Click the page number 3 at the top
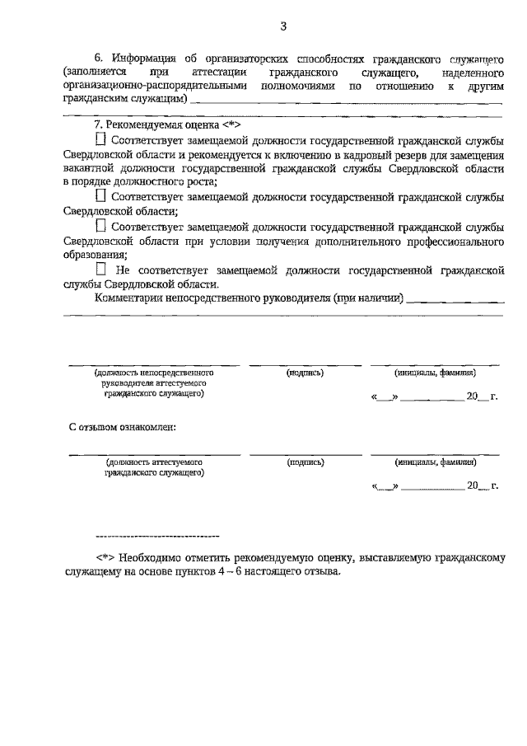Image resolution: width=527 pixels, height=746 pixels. (282, 26)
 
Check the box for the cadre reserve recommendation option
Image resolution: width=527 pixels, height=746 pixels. (101, 140)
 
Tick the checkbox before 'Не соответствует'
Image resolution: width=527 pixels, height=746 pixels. (101, 269)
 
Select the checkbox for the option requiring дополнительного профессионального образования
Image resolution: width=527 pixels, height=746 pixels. (101, 225)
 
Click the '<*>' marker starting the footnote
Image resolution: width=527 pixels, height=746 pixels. (105, 557)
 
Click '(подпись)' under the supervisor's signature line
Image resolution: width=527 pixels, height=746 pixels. (305, 373)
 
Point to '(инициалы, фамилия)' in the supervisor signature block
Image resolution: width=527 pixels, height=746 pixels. (435, 373)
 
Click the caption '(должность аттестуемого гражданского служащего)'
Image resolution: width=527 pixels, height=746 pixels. (154, 467)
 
